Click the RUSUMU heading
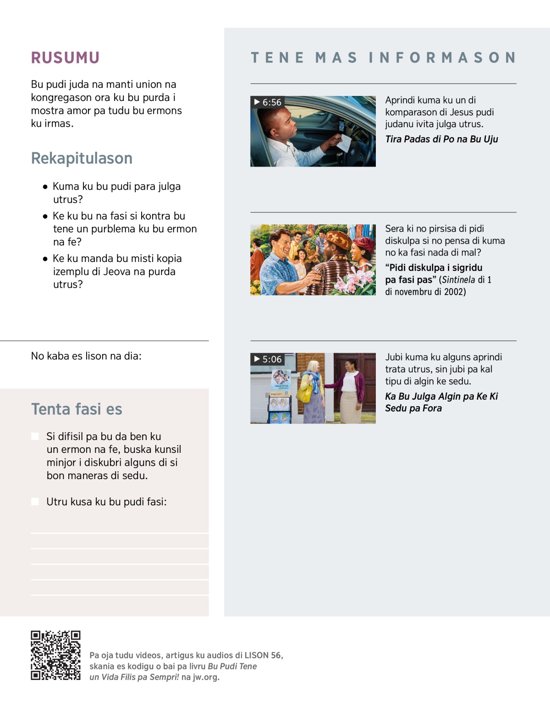pyautogui.click(x=65, y=58)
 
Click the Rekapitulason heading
pyautogui.click(x=82, y=158)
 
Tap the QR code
pyautogui.click(x=55, y=655)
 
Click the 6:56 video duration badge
pyautogui.click(x=268, y=102)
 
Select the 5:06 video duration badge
pyautogui.click(x=268, y=359)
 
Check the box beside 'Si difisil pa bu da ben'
pyautogui.click(x=35, y=436)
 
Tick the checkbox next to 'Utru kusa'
pyautogui.click(x=35, y=502)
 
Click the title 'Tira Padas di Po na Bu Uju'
pyautogui.click(x=441, y=139)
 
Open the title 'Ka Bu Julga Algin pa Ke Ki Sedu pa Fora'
pyautogui.click(x=441, y=402)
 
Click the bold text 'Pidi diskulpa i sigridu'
pyautogui.click(x=434, y=268)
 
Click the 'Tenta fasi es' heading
pyautogui.click(x=77, y=409)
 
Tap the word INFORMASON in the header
pyautogui.click(x=442, y=58)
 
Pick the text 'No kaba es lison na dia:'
pyautogui.click(x=86, y=356)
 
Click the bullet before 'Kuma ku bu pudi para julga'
pyautogui.click(x=45, y=187)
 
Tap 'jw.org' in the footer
pyautogui.click(x=206, y=677)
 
